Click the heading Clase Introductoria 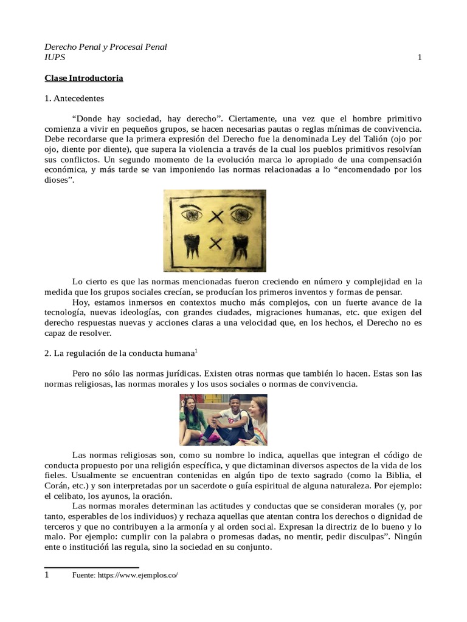click(x=83, y=78)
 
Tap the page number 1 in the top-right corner click(x=420, y=58)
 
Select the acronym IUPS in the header click(x=55, y=58)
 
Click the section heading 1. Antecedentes click(x=74, y=98)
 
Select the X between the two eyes click(x=215, y=215)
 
